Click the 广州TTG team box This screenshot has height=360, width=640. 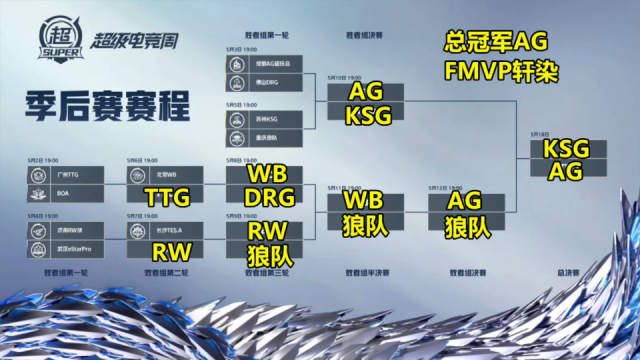point(62,175)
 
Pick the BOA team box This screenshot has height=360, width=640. point(62,193)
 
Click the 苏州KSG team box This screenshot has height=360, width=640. point(264,119)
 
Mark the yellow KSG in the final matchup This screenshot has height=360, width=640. point(565,149)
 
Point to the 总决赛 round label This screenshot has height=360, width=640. point(567,271)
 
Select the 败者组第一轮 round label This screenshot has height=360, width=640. point(62,271)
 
